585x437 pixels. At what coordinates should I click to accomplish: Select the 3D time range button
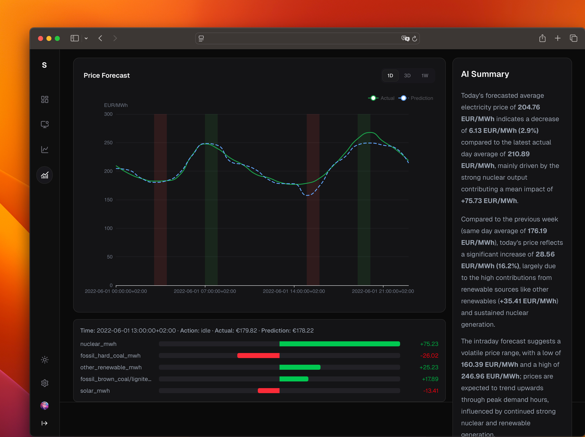(407, 76)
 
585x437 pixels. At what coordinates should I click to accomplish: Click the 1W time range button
(424, 76)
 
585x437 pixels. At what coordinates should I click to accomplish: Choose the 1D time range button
(390, 76)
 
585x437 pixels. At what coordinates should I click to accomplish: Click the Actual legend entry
(381, 98)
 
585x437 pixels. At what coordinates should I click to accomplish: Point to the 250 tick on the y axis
(108, 143)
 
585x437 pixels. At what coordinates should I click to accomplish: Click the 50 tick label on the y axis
(110, 257)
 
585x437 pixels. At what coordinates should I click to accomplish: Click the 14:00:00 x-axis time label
(294, 291)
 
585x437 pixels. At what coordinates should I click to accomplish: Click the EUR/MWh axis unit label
(116, 105)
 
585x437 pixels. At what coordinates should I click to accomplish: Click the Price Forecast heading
(107, 76)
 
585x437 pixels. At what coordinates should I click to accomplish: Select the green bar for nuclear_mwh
(340, 344)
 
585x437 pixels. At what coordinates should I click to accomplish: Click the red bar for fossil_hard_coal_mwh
(258, 356)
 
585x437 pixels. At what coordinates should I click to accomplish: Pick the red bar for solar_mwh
(268, 391)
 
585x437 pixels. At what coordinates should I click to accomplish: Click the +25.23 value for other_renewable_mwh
(429, 367)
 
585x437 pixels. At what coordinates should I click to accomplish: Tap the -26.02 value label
(429, 356)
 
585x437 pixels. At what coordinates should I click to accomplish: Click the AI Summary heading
(485, 74)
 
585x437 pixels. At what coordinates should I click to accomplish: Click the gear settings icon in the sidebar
(45, 383)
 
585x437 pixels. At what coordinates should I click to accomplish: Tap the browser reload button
(414, 39)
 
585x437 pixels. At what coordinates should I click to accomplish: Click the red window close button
(41, 39)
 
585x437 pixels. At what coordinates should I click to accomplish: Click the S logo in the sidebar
(45, 65)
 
